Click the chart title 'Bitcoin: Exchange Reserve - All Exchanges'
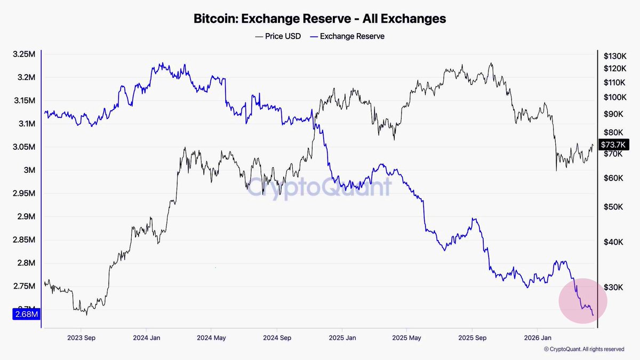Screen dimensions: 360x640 pyautogui.click(x=319, y=19)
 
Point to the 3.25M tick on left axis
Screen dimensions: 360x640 pyautogui.click(x=24, y=54)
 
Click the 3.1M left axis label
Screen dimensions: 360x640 pyautogui.click(x=26, y=124)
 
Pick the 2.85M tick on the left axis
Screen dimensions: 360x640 pyautogui.click(x=24, y=240)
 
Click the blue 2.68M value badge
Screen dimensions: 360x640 pyautogui.click(x=26, y=315)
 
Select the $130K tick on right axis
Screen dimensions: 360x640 pyautogui.click(x=614, y=56)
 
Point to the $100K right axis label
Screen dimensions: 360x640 pyautogui.click(x=614, y=98)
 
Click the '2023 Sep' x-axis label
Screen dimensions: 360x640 pyautogui.click(x=82, y=338)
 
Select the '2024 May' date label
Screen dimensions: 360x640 pyautogui.click(x=212, y=338)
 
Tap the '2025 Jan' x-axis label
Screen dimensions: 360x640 pyautogui.click(x=342, y=338)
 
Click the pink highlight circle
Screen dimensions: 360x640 pyautogui.click(x=583, y=301)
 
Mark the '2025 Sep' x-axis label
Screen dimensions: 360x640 pyautogui.click(x=472, y=338)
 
